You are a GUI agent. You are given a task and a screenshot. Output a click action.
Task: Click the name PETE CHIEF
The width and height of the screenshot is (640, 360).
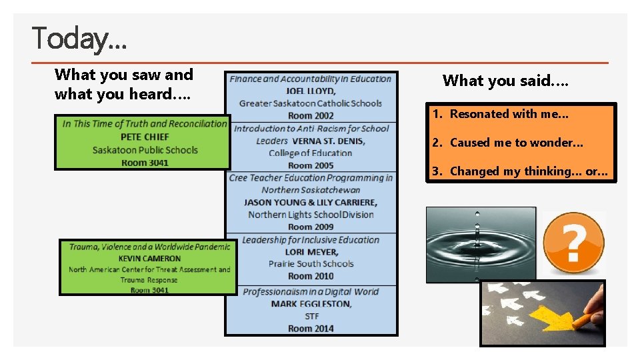tap(145, 137)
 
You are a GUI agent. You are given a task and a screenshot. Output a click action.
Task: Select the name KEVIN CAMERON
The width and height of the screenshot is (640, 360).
tap(149, 258)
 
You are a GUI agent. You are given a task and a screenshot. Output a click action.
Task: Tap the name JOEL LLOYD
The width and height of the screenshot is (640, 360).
tap(311, 91)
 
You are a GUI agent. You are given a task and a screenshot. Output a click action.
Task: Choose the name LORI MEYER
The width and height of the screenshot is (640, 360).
tap(311, 252)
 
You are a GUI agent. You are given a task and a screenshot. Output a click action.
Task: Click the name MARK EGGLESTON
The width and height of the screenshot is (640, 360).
tap(311, 304)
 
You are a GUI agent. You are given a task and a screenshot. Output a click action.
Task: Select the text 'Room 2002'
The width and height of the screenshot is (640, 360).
tap(311, 115)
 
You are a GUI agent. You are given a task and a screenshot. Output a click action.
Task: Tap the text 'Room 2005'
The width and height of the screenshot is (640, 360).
tap(311, 165)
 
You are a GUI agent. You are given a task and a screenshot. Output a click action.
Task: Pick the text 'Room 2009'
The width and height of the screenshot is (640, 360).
tap(311, 227)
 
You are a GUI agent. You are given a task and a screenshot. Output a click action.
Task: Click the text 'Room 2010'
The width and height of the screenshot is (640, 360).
tap(311, 276)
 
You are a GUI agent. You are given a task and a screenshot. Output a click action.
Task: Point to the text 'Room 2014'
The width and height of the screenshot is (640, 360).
tap(311, 328)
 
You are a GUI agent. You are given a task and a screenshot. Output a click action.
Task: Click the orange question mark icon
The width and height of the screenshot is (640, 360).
tap(573, 243)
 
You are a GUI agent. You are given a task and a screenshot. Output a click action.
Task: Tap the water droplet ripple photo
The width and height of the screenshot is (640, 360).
tap(481, 244)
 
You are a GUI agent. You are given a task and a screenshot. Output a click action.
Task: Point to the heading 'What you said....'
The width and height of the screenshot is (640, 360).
tap(506, 81)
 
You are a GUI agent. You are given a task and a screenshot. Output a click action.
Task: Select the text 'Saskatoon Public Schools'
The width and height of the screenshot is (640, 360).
tap(145, 150)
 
